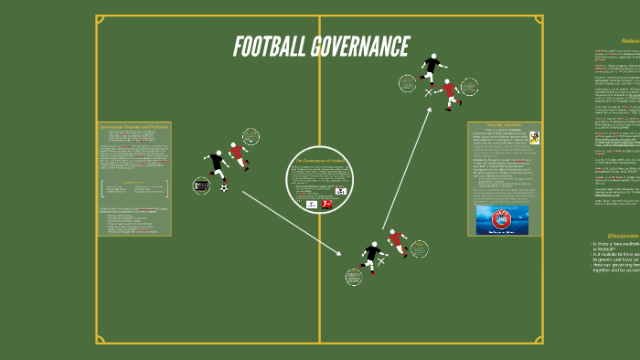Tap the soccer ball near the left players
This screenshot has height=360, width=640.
click(224, 187)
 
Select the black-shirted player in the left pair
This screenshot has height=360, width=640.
click(217, 164)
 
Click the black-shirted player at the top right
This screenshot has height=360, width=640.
click(432, 67)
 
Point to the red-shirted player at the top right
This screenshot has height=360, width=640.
click(449, 92)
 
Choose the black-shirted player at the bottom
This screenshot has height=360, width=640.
click(371, 256)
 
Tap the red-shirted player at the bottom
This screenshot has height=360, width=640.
click(396, 242)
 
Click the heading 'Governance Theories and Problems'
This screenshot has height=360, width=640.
click(133, 126)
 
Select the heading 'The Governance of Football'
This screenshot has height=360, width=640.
click(319, 160)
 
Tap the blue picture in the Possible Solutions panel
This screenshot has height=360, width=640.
click(502, 220)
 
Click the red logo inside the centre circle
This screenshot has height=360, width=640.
click(326, 205)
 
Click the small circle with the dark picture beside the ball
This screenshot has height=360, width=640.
click(202, 185)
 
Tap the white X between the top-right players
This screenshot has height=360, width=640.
click(429, 91)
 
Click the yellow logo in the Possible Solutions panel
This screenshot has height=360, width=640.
click(534, 138)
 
